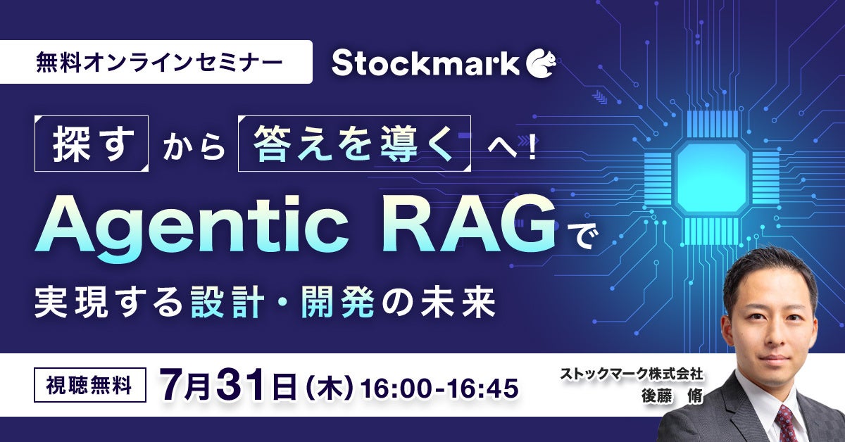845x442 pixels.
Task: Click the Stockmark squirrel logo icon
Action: click(x=541, y=64)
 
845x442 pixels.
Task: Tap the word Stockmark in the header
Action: click(x=425, y=64)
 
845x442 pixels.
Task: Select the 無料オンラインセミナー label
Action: click(x=159, y=63)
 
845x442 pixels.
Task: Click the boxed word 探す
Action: click(x=92, y=144)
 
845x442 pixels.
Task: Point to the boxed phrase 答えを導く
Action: click(x=354, y=144)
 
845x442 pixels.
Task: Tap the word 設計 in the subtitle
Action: click(x=227, y=302)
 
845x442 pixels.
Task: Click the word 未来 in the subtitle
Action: click(x=457, y=302)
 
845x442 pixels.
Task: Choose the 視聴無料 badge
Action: click(x=90, y=386)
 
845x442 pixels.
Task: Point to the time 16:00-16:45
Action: click(x=439, y=389)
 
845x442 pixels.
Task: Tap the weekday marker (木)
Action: click(x=330, y=389)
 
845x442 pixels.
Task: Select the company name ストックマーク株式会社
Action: click(x=631, y=373)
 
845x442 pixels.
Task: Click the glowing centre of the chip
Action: click(x=711, y=178)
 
